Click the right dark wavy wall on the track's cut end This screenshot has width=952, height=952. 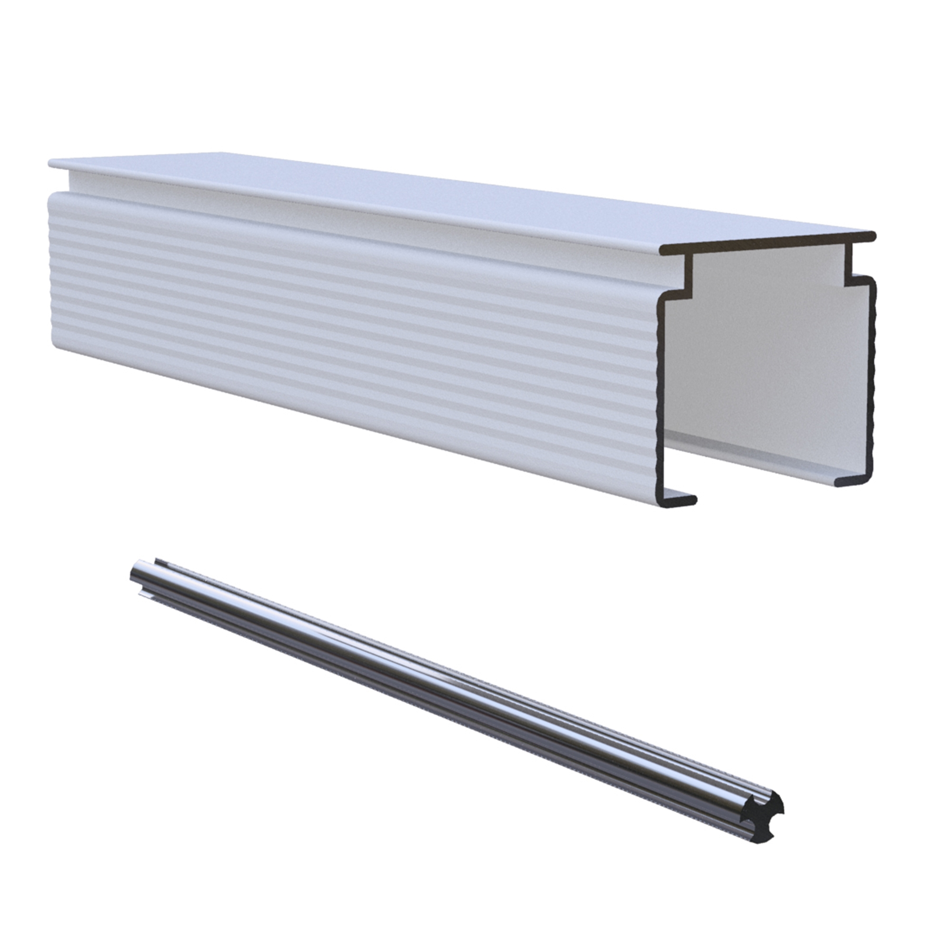tap(872, 375)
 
